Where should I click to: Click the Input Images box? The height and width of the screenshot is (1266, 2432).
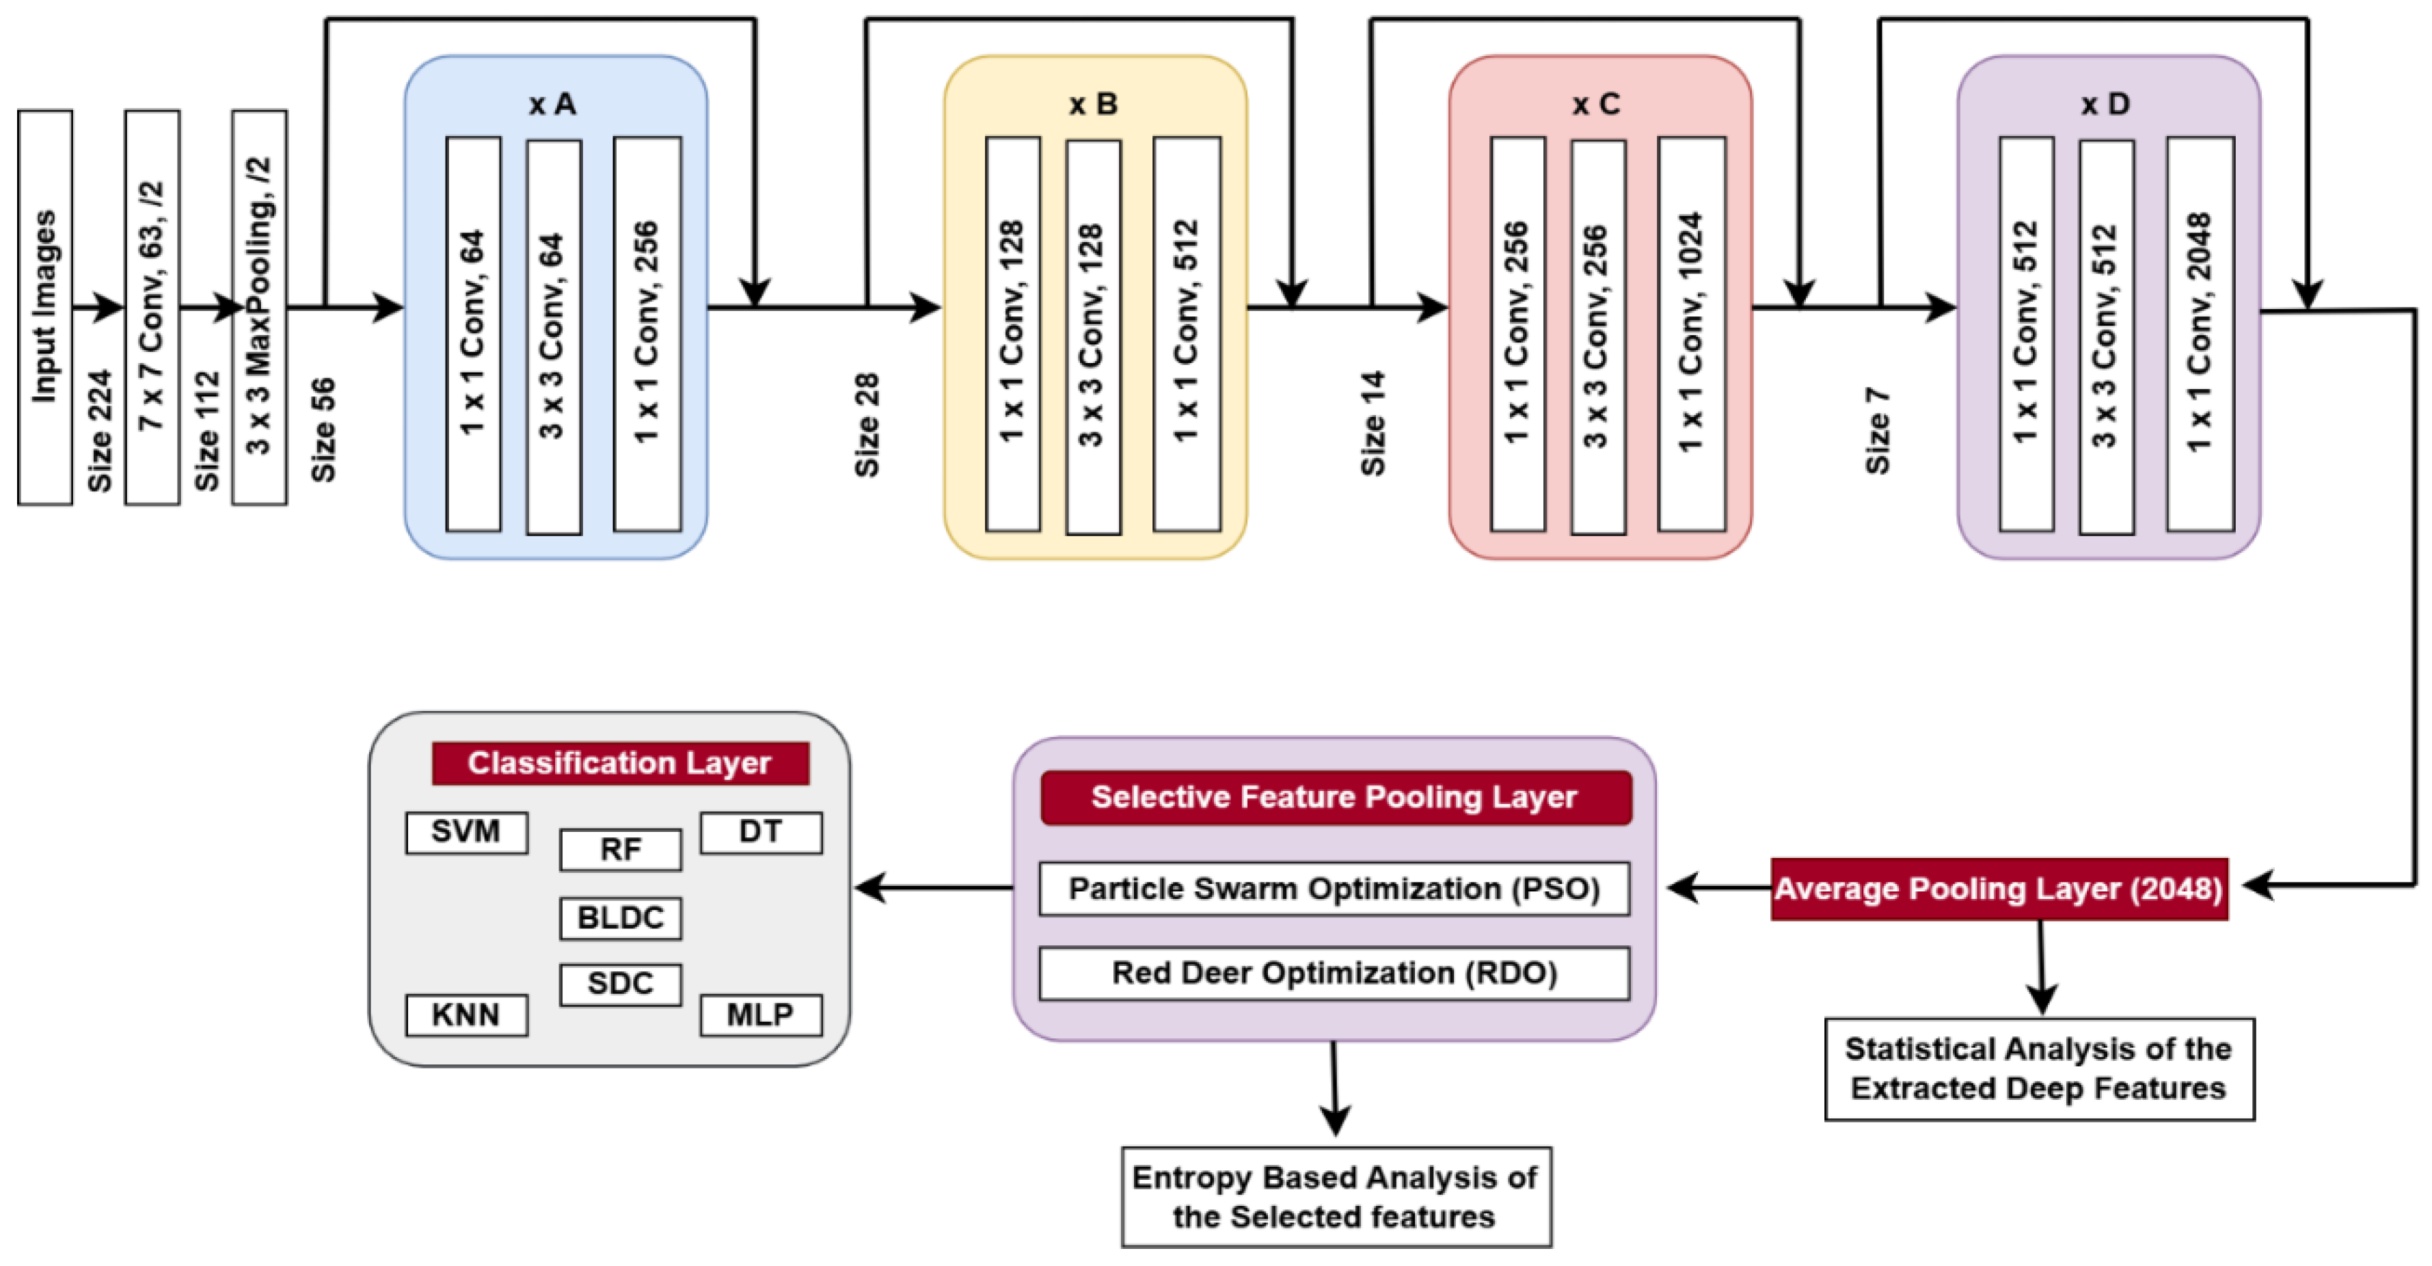point(44,307)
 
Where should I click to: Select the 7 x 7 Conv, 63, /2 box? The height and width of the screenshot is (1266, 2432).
point(152,307)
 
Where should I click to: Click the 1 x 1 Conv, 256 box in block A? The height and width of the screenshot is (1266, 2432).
point(647,334)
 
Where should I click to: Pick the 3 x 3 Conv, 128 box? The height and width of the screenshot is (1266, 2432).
point(1092,336)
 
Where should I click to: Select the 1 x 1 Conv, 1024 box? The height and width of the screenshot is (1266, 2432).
point(1691,334)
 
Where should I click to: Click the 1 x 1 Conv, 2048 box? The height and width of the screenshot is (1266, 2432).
point(2200,334)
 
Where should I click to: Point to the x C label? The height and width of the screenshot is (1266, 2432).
point(1595,104)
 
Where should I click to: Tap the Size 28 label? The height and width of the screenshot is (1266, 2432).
point(867,425)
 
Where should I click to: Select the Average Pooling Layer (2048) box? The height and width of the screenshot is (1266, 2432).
point(1999,889)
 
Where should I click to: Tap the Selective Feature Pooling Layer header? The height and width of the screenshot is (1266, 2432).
point(1334,797)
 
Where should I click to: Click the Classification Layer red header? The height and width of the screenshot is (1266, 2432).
point(619,763)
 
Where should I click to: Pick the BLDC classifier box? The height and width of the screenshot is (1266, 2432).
point(620,917)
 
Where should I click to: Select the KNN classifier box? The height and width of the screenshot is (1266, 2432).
point(465,1015)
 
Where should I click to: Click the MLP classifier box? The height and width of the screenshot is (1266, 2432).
point(760,1015)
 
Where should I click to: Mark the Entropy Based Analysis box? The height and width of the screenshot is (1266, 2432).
point(1335,1196)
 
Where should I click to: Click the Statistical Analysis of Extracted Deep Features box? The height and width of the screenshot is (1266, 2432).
point(2038,1068)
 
